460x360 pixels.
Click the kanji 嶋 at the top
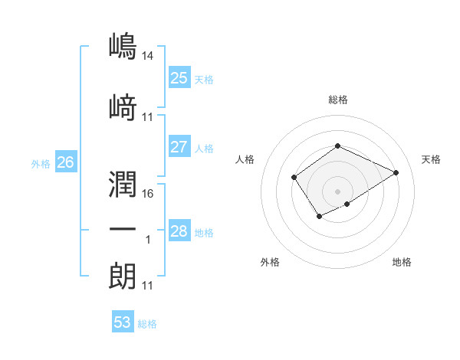pos(123,47)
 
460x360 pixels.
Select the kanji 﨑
pos(123,106)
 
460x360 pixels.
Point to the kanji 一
pos(123,231)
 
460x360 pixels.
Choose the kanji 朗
pos(123,276)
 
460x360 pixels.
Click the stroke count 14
pos(148,56)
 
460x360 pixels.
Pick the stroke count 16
pos(148,195)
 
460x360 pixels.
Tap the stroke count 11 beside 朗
pos(148,286)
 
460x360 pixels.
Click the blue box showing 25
pos(179,78)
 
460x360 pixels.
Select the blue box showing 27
pos(179,147)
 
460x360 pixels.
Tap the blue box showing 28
pos(179,231)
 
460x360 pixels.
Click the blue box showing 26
pos(65,162)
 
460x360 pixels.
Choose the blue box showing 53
pos(122,322)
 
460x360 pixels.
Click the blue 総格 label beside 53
pos(147,324)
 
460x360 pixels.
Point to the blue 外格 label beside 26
pos(41,163)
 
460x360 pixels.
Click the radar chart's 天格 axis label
pos(431,159)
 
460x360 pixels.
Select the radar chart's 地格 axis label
pos(402,262)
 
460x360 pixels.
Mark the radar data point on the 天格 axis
pos(396,172)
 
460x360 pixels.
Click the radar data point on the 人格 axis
pos(294,178)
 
